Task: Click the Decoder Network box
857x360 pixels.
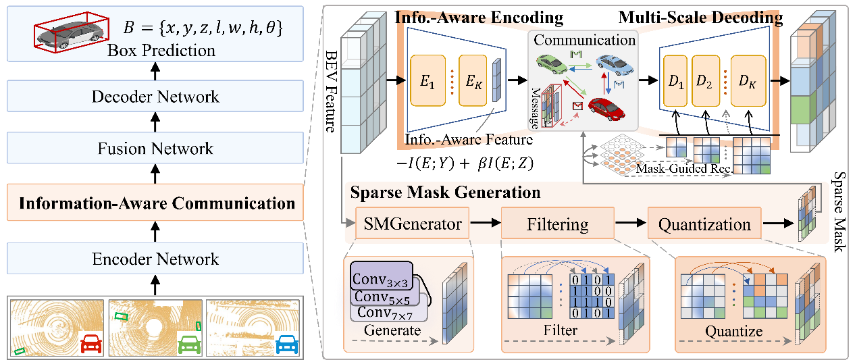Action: coord(155,96)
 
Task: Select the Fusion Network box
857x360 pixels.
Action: coord(155,149)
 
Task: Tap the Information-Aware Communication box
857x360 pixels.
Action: coord(155,203)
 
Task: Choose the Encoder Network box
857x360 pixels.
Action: coord(155,259)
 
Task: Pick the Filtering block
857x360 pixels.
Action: coord(557,224)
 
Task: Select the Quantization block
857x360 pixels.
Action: coord(705,224)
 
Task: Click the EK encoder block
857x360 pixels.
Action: coord(473,80)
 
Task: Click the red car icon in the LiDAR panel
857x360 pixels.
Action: coord(90,344)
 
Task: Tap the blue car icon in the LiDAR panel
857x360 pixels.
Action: coord(286,344)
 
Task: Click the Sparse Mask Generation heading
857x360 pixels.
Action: coord(445,192)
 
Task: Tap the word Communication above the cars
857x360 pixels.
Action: coord(585,40)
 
